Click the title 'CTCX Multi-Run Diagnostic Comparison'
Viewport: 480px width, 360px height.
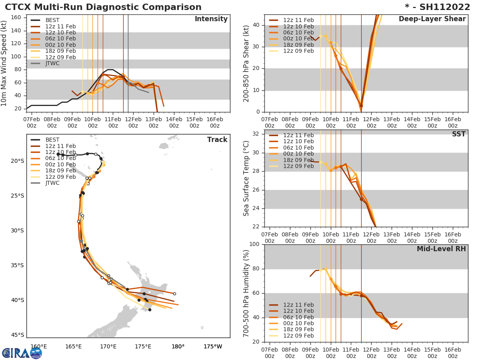[103, 7]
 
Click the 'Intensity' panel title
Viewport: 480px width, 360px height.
[211, 19]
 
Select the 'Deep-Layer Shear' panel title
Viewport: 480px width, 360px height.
[432, 19]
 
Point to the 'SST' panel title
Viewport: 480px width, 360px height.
[458, 134]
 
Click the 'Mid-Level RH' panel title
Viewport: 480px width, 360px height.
[441, 249]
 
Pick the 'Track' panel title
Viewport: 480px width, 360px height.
[217, 140]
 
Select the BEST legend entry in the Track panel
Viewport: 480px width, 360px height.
[52, 140]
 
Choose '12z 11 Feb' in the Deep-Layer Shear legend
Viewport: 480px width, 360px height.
[298, 20]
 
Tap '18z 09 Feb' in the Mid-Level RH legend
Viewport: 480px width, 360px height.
[298, 330]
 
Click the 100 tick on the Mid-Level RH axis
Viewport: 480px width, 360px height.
[254, 244]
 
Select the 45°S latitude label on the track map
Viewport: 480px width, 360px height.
[18, 335]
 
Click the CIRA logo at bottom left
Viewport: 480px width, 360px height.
[22, 353]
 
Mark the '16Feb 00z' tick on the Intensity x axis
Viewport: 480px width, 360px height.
[214, 122]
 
